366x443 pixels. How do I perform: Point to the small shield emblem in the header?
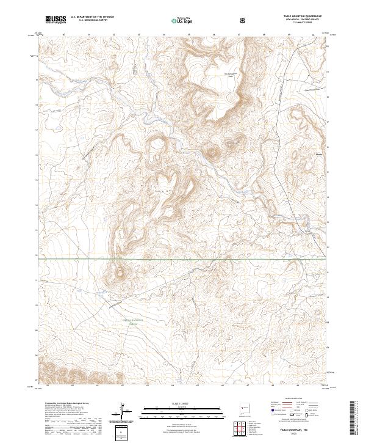(x=243, y=20)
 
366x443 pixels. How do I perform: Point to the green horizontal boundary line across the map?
(x=183, y=258)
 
